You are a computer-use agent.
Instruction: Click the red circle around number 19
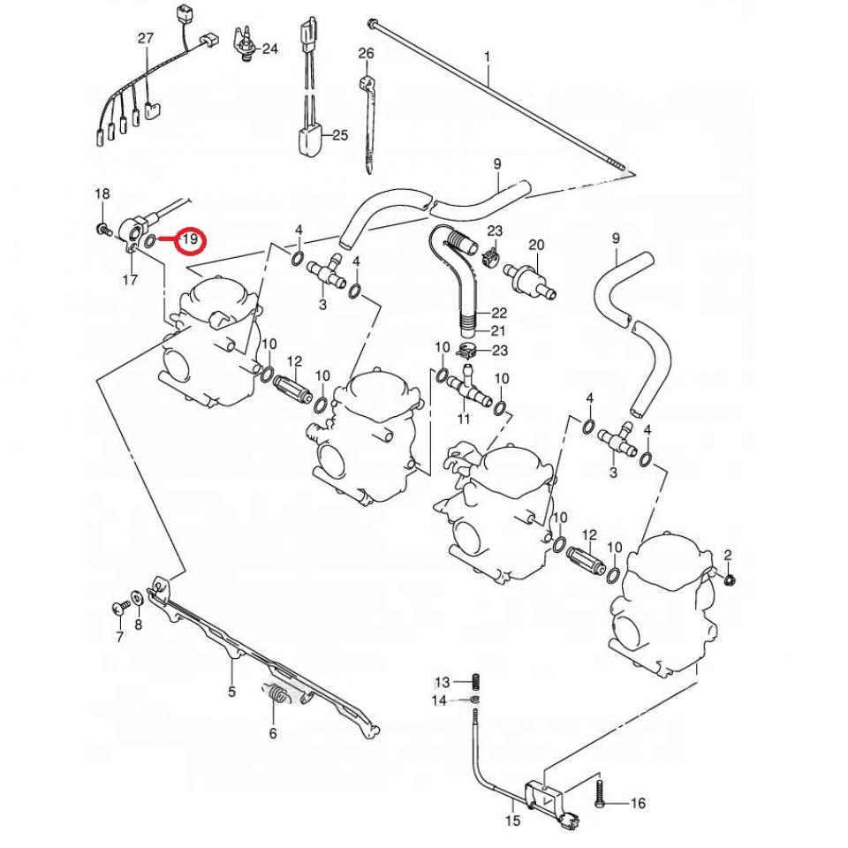(190, 239)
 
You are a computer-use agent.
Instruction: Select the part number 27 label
(146, 38)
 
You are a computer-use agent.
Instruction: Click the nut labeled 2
(732, 579)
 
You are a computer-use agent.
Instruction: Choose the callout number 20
(536, 245)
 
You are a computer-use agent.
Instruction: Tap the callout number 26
(366, 54)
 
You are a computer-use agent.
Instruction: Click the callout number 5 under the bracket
(231, 692)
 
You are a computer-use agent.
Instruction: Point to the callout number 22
(499, 313)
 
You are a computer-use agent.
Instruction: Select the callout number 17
(129, 281)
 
